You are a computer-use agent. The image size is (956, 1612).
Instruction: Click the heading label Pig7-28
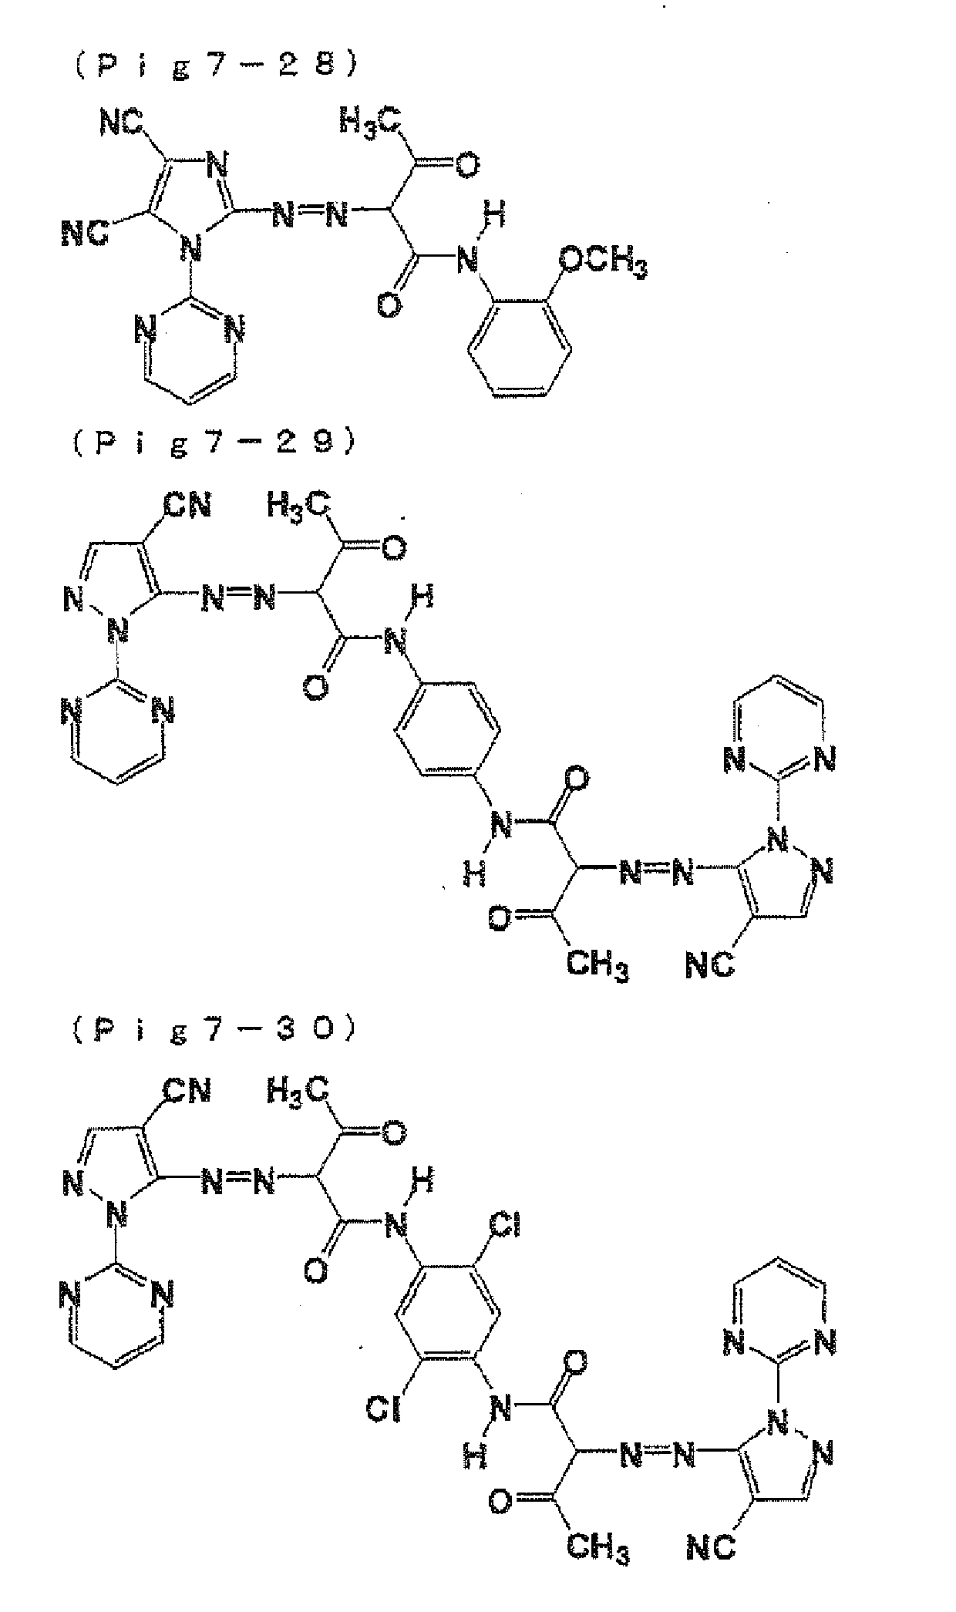217,66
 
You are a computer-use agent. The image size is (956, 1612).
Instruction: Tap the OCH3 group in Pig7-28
604,263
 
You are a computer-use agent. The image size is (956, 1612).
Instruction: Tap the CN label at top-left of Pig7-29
187,506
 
